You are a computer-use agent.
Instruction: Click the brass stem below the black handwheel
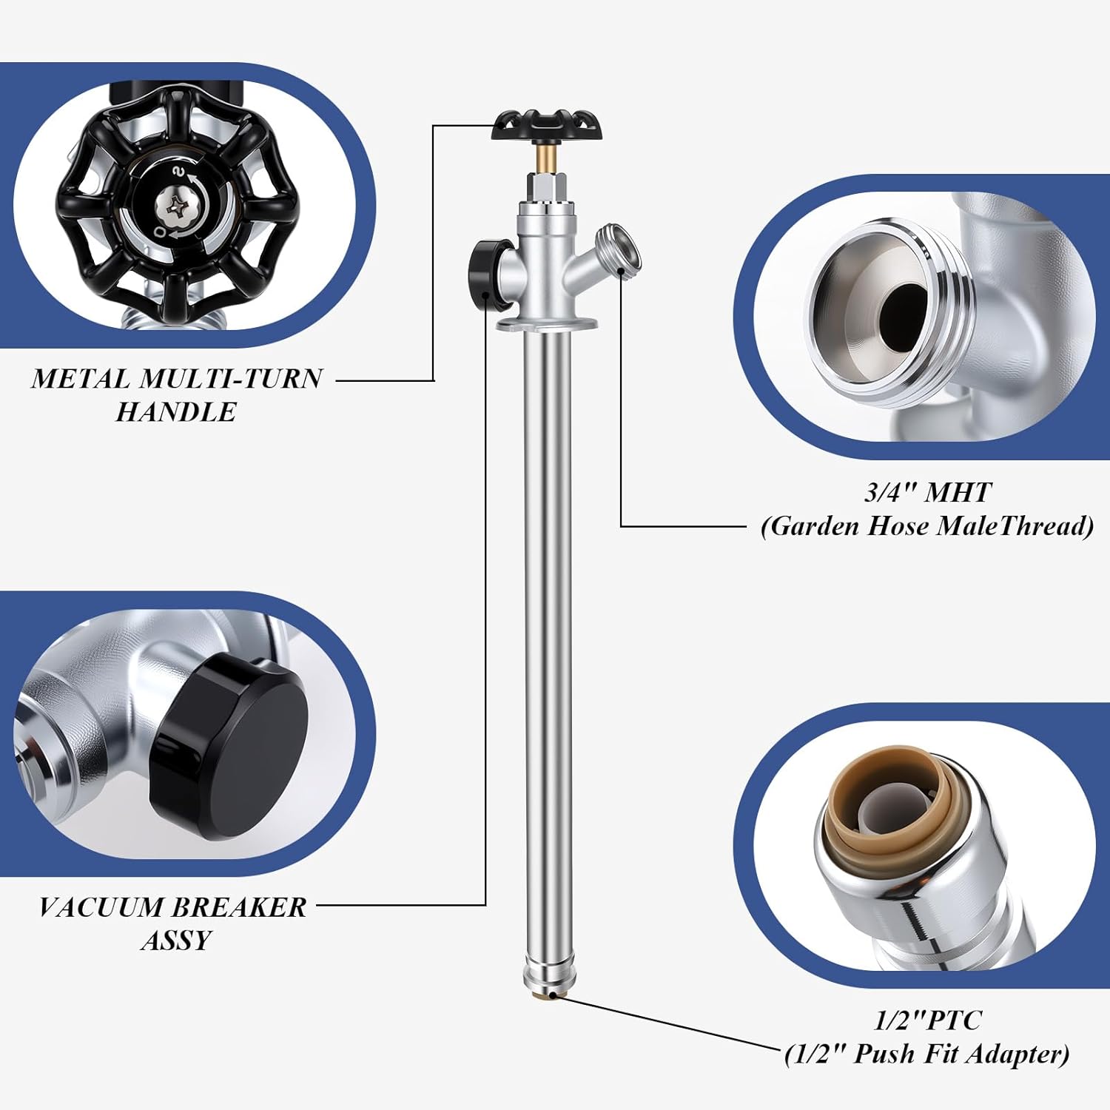pyautogui.click(x=547, y=157)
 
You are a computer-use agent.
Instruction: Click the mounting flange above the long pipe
pyautogui.click(x=547, y=323)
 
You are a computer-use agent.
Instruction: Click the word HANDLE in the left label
pyautogui.click(x=176, y=412)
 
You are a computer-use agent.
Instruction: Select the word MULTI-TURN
pyautogui.click(x=231, y=379)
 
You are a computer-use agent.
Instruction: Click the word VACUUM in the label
pyautogui.click(x=102, y=907)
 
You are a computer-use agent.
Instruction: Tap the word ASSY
pyautogui.click(x=176, y=941)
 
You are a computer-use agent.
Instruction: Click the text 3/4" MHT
pyautogui.click(x=927, y=492)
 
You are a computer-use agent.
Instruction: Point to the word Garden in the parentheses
pyautogui.click(x=814, y=526)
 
